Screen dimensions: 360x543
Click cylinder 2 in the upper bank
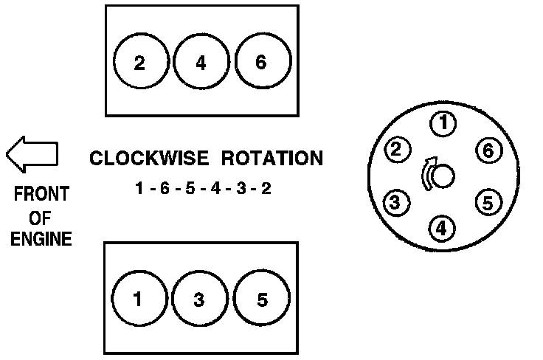coord(140,63)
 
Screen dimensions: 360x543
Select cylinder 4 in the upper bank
coord(201,63)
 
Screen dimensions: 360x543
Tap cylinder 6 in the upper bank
coord(260,63)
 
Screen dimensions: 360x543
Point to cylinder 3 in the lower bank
coord(200,300)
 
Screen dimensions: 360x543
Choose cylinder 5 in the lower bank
coord(260,300)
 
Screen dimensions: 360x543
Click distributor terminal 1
coord(442,125)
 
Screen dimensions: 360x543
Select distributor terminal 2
coord(397,150)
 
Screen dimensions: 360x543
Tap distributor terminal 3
coord(396,202)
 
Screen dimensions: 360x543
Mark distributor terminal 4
coord(441,229)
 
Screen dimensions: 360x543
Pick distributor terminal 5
coord(486,201)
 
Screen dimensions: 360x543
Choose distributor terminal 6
coord(487,150)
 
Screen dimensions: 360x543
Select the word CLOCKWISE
coord(144,158)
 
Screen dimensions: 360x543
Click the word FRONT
coord(41,195)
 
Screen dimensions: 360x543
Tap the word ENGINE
coord(41,239)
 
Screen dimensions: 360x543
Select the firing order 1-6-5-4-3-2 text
coord(203,189)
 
